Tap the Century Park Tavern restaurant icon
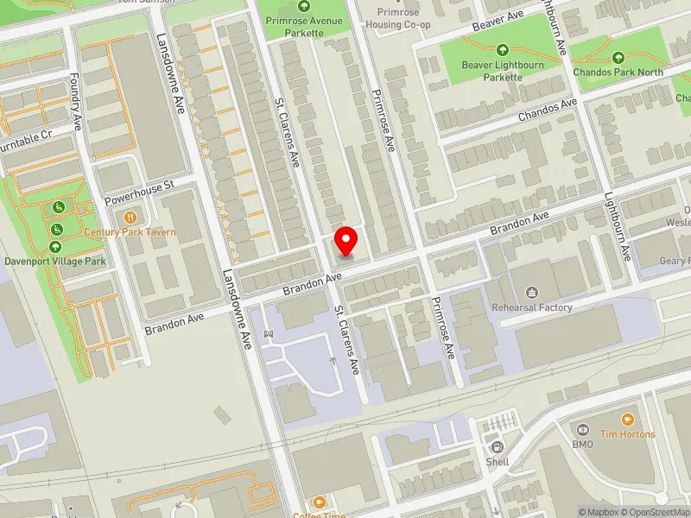(x=130, y=218)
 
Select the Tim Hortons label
(x=628, y=434)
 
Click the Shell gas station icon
(x=498, y=446)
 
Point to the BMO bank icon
(x=582, y=429)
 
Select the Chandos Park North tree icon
(x=618, y=58)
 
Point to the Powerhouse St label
(x=139, y=192)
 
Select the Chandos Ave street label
(x=547, y=111)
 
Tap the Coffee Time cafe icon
(x=320, y=502)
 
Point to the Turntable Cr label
(x=26, y=139)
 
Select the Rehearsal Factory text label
(x=532, y=307)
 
